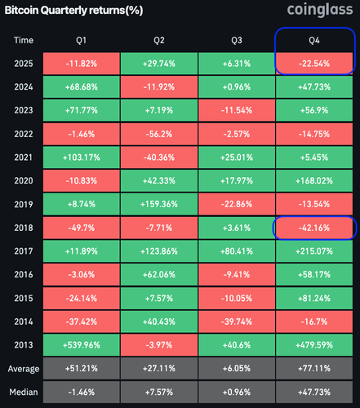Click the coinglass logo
(x=320, y=10)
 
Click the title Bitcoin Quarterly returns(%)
(x=73, y=11)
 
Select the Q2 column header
(x=159, y=40)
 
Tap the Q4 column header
(x=314, y=40)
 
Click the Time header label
(x=24, y=40)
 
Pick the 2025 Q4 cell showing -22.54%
(x=314, y=64)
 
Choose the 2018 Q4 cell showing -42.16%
(x=314, y=228)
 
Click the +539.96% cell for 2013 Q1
(x=82, y=345)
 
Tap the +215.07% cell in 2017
(x=314, y=251)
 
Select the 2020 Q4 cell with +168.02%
(x=314, y=180)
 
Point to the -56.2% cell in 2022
(x=159, y=134)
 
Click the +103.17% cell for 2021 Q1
(x=82, y=157)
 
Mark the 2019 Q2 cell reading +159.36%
(x=159, y=204)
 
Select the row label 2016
(x=24, y=274)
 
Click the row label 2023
(x=24, y=110)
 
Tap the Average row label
(x=24, y=369)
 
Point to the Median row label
(x=24, y=392)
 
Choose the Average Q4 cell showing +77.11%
(x=314, y=368)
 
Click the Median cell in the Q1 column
(x=82, y=392)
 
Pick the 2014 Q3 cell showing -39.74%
(x=237, y=322)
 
